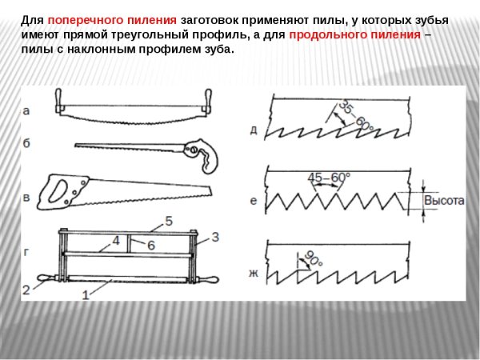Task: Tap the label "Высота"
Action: [x=443, y=201]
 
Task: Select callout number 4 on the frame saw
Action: [x=115, y=239]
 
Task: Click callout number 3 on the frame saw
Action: [x=214, y=237]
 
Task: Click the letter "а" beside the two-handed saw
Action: [x=27, y=113]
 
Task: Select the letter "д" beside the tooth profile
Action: [x=253, y=129]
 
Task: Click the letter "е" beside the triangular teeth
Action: [x=254, y=201]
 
